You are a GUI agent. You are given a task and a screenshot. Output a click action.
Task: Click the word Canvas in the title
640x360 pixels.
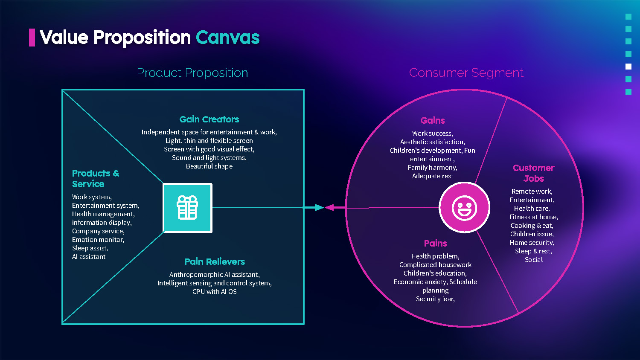point(227,38)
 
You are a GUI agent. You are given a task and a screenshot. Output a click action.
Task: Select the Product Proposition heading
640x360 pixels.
point(192,73)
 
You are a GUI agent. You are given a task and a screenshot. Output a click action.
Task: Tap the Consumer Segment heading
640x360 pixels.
point(466,73)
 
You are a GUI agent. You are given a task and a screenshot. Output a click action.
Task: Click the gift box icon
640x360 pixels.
point(187,208)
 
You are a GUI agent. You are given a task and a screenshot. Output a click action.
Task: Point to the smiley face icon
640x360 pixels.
point(464,208)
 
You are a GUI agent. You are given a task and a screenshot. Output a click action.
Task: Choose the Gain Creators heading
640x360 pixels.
point(209,119)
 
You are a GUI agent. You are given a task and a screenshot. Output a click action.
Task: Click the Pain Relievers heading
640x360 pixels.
point(215,261)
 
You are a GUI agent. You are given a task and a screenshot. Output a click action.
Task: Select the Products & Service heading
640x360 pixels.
point(95,179)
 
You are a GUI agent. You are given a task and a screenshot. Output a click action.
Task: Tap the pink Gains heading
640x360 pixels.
point(432,120)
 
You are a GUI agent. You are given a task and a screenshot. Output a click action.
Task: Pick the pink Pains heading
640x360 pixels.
point(435,243)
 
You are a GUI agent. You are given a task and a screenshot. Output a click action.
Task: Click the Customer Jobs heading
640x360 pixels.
point(533,173)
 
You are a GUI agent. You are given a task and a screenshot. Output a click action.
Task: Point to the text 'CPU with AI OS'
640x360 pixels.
point(214,292)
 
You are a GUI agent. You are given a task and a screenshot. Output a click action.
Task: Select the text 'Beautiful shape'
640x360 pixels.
point(209,166)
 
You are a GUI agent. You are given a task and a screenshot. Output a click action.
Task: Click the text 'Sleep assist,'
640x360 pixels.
point(90,248)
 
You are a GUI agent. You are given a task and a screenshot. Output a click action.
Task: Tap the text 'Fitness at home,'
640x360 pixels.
point(533,217)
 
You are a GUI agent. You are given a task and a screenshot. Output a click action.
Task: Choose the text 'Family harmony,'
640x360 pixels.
point(432,168)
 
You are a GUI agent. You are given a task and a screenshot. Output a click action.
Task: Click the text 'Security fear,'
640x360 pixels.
point(435,299)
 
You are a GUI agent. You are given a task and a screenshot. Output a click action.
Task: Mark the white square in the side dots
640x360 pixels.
point(628,67)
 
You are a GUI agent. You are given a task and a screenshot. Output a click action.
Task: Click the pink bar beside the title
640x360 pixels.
point(32,38)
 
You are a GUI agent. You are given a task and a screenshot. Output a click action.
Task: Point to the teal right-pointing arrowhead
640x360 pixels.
point(319,208)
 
